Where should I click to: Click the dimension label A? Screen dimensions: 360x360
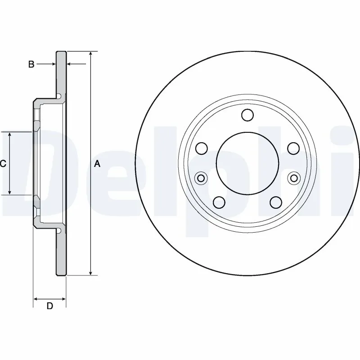[97, 164]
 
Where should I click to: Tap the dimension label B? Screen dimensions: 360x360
[31, 64]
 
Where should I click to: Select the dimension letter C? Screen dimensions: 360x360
[3, 164]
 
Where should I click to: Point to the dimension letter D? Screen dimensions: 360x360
[50, 306]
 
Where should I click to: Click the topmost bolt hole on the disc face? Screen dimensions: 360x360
[247, 115]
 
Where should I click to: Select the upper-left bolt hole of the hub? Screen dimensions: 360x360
[201, 148]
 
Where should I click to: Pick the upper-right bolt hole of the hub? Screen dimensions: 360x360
[293, 148]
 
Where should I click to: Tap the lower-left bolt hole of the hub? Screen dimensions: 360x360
[219, 202]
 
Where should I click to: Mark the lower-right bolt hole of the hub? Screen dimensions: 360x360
[276, 202]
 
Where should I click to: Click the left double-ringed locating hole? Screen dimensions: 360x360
[201, 179]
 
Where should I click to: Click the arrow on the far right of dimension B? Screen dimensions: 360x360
[71, 64]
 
